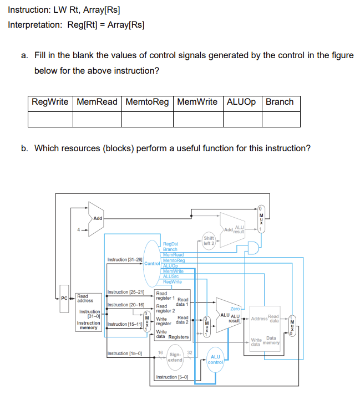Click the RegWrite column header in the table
pyautogui.click(x=50, y=102)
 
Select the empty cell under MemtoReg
pyautogui.click(x=148, y=119)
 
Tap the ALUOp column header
pyautogui.click(x=241, y=102)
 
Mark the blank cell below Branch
pyautogui.click(x=281, y=119)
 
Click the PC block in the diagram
pyautogui.click(x=64, y=299)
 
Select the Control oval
pyautogui.click(x=152, y=264)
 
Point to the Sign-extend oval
pyautogui.click(x=175, y=357)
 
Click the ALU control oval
pyautogui.click(x=215, y=360)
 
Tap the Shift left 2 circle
pyautogui.click(x=209, y=240)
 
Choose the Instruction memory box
pyautogui.click(x=89, y=312)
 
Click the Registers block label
pyautogui.click(x=179, y=337)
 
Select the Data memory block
pyautogui.click(x=265, y=329)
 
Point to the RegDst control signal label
pyautogui.click(x=170, y=244)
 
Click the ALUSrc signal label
pyautogui.click(x=171, y=276)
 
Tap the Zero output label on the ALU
pyautogui.click(x=235, y=309)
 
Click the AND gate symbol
pyautogui.click(x=253, y=248)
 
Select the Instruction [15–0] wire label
pyautogui.click(x=125, y=353)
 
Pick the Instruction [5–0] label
pyautogui.click(x=172, y=377)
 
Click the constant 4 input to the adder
pyautogui.click(x=79, y=229)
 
